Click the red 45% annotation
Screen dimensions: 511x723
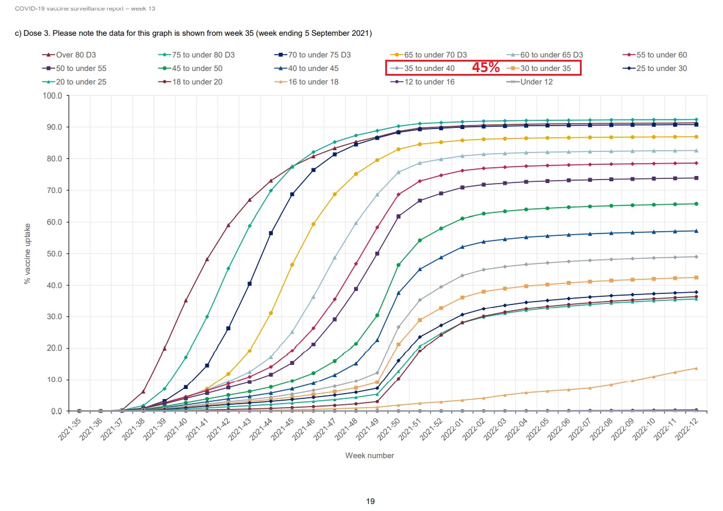click(x=486, y=67)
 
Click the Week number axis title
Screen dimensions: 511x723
click(x=369, y=455)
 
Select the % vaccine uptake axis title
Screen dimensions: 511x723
click(x=27, y=253)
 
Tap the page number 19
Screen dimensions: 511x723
click(x=370, y=501)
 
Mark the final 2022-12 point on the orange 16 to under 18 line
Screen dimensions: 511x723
click(x=696, y=368)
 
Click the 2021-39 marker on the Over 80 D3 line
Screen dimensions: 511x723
click(x=165, y=348)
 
